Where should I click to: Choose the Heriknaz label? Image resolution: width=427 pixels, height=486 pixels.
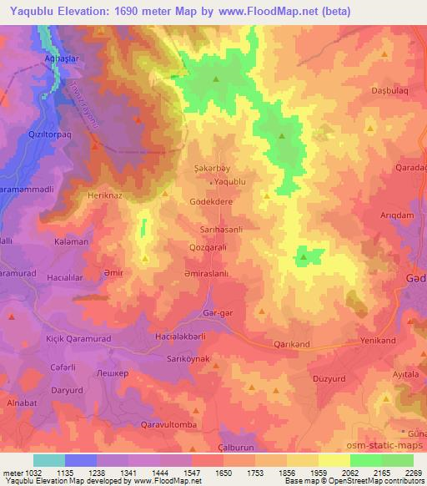coord(105,195)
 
